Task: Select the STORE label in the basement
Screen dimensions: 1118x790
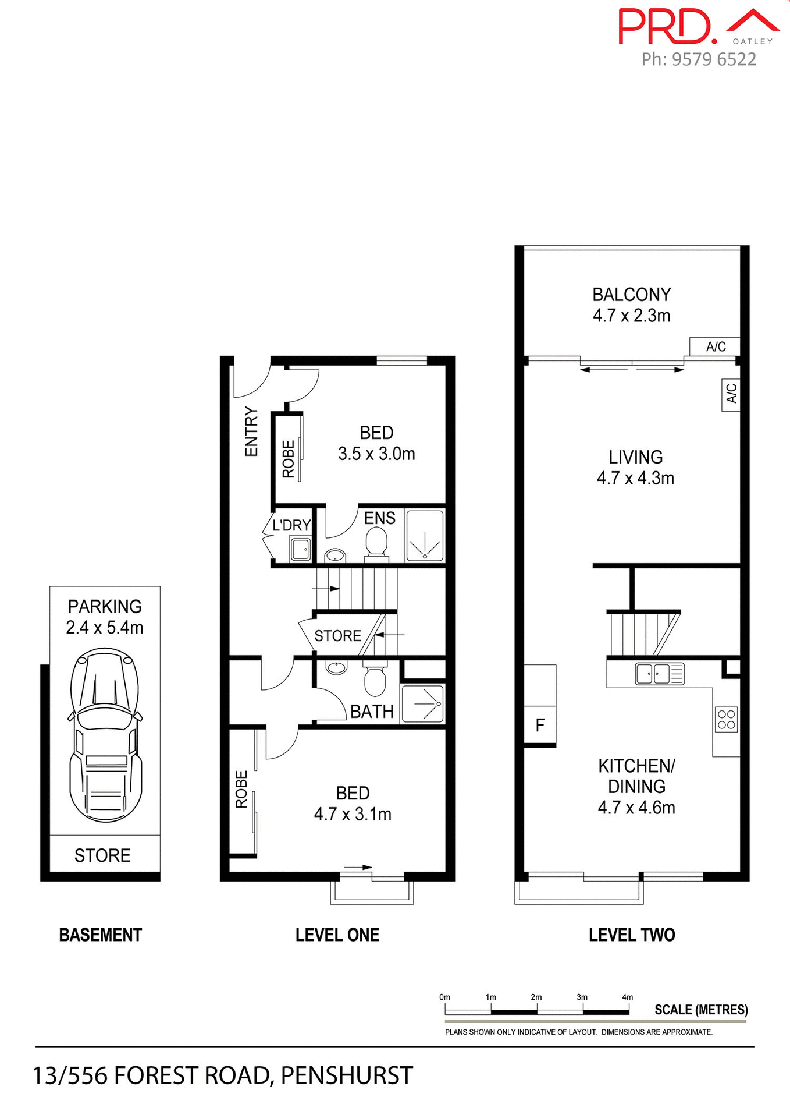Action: coord(102,855)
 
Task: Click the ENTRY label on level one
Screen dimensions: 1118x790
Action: coord(251,431)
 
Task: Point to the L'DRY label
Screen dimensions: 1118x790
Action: coord(291,525)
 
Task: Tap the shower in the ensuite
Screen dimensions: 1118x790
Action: coord(425,535)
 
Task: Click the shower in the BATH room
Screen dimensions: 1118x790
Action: coord(423,704)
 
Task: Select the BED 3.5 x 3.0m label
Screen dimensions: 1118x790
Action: coord(376,443)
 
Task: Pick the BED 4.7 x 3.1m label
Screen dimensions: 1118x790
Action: coord(353,804)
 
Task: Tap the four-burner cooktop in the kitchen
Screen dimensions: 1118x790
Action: coord(727,719)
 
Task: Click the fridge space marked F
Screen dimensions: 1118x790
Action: coord(540,725)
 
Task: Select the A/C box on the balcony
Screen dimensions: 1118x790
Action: coord(715,346)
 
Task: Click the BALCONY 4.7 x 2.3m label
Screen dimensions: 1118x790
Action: coord(632,305)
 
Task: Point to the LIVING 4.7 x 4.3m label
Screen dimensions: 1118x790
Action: coord(635,467)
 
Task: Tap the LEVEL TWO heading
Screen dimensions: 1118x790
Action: coord(632,935)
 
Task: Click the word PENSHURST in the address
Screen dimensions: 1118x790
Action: coord(347,1075)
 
